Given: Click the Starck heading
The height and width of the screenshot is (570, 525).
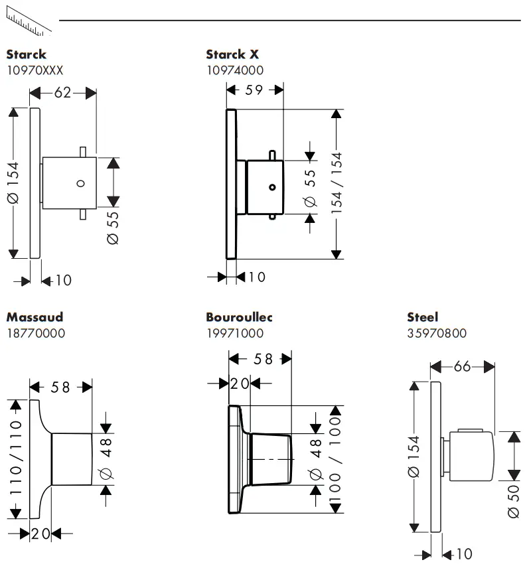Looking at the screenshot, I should (x=27, y=54).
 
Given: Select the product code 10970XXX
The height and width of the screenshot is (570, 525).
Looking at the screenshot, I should (x=35, y=70).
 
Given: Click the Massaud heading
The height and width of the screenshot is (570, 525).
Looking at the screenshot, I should (x=35, y=317).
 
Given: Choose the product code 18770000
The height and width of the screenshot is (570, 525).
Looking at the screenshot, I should (x=36, y=333).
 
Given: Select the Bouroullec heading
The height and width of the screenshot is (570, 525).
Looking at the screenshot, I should (x=239, y=317).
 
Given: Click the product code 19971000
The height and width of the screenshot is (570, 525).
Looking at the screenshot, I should (x=235, y=333).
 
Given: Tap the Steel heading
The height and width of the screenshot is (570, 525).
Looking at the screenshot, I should (x=423, y=317).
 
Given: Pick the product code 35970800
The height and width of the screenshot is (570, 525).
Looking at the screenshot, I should (x=437, y=333).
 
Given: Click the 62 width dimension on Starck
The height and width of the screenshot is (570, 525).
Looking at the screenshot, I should (x=62, y=94).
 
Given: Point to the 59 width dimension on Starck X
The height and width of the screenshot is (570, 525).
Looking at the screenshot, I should (x=254, y=90).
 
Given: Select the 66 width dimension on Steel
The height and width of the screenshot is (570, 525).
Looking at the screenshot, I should (x=463, y=366).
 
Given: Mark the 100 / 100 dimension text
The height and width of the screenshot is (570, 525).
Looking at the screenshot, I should (x=336, y=459).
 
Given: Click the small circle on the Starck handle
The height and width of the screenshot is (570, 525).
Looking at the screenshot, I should (x=80, y=184).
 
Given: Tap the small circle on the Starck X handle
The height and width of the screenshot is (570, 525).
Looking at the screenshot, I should (x=271, y=188).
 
